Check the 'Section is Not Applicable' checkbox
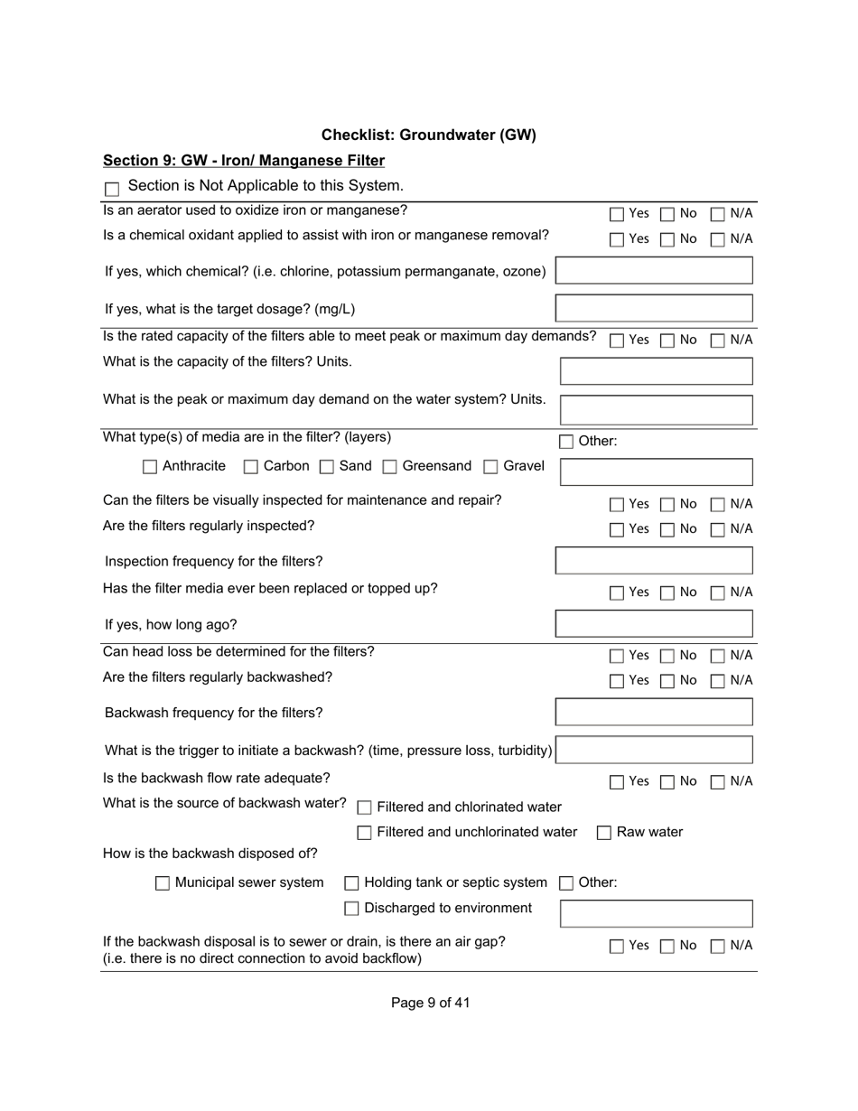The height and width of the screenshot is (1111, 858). tap(112, 189)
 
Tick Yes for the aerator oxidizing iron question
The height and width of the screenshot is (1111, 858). tap(617, 214)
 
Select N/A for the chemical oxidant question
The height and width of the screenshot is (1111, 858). tap(718, 239)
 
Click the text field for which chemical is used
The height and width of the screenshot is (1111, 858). tap(654, 271)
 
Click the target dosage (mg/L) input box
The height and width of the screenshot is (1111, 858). tap(654, 308)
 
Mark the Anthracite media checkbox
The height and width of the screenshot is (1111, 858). tap(150, 467)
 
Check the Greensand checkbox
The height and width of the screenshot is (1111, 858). tap(390, 467)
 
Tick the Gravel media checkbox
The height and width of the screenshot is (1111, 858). tap(491, 467)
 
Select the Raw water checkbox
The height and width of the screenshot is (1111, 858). tap(604, 833)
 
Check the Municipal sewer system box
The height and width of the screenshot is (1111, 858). tap(163, 883)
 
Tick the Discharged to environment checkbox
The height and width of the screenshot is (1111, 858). tap(352, 909)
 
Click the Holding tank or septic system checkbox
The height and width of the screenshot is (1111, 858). tap(352, 883)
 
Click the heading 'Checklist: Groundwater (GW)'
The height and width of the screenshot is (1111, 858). tap(428, 135)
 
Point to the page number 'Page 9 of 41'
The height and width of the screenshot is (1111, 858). tap(430, 1003)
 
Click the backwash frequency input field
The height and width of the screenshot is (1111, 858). tap(654, 712)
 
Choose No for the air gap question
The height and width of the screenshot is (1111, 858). tap(667, 946)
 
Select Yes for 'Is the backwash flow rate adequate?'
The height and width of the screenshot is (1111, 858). tap(617, 781)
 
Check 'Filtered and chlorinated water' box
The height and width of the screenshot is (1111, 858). tap(365, 808)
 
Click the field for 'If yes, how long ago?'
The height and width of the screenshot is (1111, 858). tap(654, 624)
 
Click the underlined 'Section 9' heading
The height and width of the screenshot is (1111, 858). tap(244, 161)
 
